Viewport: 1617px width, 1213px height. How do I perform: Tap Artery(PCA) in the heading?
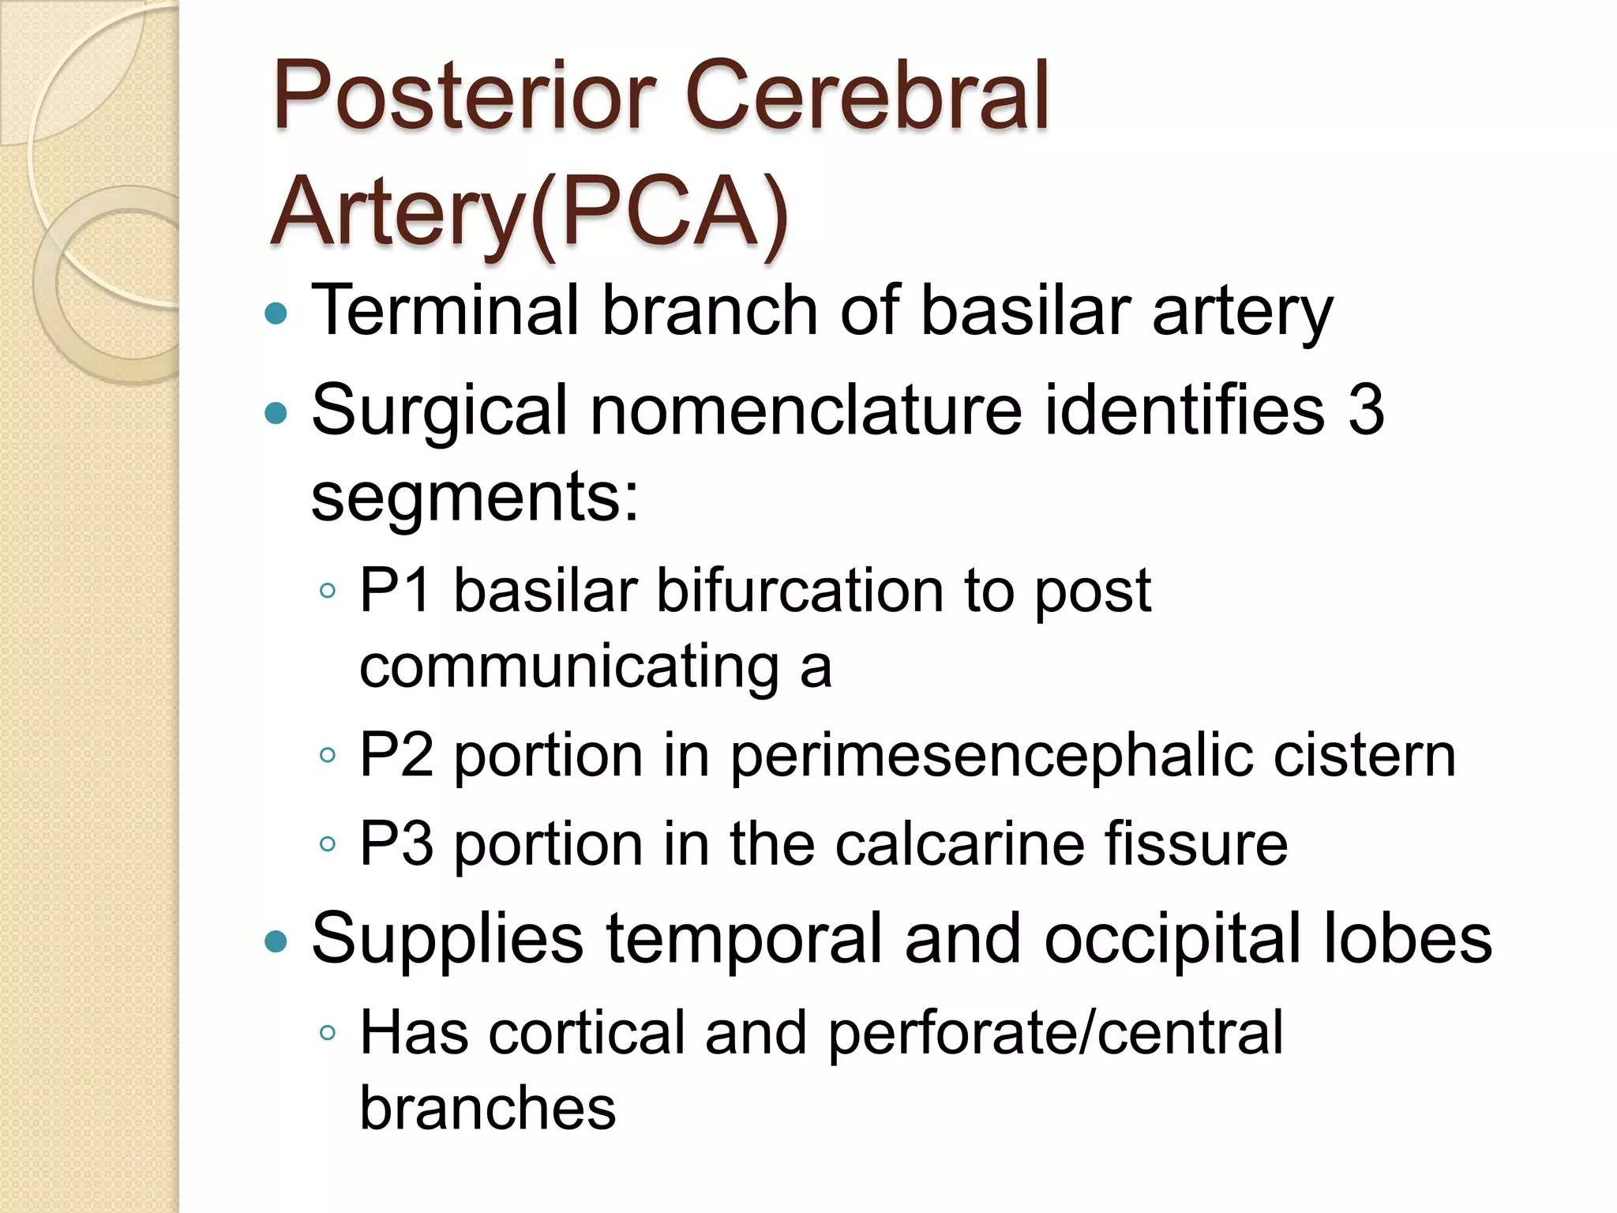pyautogui.click(x=529, y=213)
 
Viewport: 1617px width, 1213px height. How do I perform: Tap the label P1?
pyautogui.click(x=396, y=591)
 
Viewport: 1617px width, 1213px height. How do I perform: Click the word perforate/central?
pyautogui.click(x=1055, y=1033)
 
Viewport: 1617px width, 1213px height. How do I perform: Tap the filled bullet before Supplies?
pyautogui.click(x=276, y=941)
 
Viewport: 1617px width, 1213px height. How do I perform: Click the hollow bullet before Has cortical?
pyautogui.click(x=328, y=1033)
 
